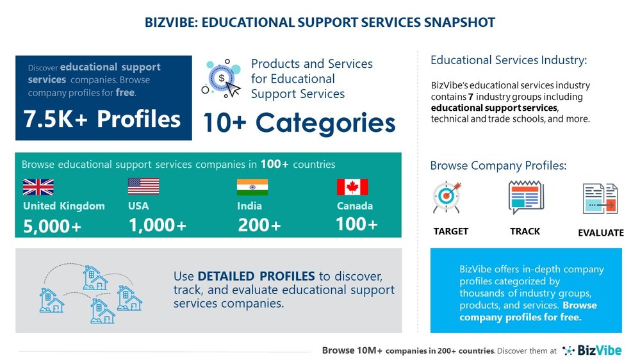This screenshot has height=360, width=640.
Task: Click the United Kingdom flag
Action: (38, 186)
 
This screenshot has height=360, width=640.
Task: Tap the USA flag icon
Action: (144, 186)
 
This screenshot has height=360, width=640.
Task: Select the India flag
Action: (252, 186)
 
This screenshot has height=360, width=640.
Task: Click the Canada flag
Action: (352, 186)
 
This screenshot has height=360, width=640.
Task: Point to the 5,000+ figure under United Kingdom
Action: (52, 225)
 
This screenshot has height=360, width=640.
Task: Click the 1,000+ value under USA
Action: (158, 225)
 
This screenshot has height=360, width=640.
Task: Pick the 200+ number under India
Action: (259, 225)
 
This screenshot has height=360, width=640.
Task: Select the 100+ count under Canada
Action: (357, 224)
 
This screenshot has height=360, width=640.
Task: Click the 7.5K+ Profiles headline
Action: (103, 119)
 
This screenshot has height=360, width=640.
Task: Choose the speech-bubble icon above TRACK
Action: (525, 197)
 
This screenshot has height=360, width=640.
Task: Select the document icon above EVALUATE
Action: (600, 199)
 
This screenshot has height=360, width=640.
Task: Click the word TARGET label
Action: (451, 231)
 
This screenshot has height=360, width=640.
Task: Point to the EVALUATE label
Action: (600, 233)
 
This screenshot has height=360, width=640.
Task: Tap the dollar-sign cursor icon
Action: (222, 79)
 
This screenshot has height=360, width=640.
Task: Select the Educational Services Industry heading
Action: (509, 61)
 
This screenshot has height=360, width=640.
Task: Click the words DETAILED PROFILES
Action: (256, 276)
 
